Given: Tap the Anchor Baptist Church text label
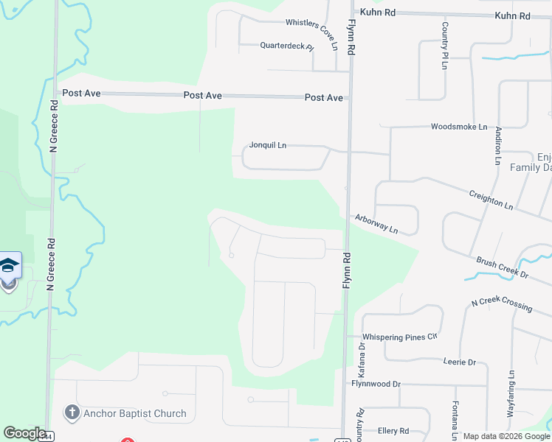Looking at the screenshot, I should pyautogui.click(x=135, y=413).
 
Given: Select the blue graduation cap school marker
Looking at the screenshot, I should pyautogui.click(x=10, y=265).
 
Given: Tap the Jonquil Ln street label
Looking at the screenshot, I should pyautogui.click(x=267, y=145).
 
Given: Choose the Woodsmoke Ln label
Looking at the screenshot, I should pyautogui.click(x=459, y=127).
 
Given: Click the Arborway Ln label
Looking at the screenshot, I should pyautogui.click(x=376, y=223).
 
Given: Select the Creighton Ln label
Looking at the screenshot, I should pyautogui.click(x=491, y=199).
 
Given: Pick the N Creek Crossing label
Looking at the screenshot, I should pyautogui.click(x=502, y=302).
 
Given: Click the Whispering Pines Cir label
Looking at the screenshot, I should pyautogui.click(x=400, y=337).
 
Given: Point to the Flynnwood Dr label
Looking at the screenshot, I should pyautogui.click(x=376, y=384).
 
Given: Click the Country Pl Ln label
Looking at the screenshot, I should pyautogui.click(x=445, y=46).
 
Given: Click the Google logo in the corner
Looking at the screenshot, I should pyautogui.click(x=24, y=433).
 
